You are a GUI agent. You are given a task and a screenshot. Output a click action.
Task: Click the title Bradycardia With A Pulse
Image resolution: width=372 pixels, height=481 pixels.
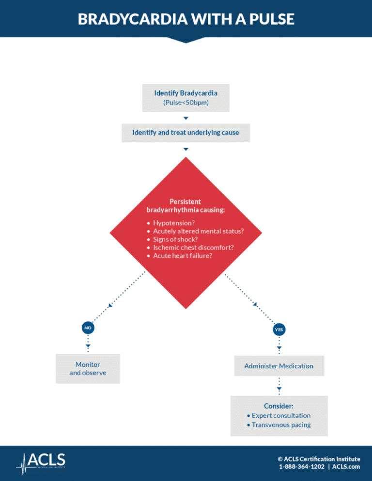pos(186,19)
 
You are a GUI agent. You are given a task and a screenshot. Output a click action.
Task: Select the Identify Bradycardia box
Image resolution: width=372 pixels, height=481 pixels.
pos(186,98)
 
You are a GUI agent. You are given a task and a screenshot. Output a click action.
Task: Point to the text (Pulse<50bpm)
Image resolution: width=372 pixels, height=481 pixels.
pos(186,103)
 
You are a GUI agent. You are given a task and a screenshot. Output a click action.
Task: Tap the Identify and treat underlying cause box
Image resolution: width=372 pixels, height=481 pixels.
pos(186,132)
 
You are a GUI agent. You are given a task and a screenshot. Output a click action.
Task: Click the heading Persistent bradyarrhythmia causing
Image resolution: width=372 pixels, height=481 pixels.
pos(186,206)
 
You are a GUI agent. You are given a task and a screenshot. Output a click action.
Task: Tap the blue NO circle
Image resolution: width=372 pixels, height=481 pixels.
pos(88,328)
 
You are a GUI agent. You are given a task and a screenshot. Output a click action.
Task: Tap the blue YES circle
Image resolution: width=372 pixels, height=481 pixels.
pos(279,330)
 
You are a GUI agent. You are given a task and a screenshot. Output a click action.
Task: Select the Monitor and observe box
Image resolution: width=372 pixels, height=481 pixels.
pos(88,369)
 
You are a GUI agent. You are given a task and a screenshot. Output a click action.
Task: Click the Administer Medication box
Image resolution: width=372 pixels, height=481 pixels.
pos(279,366)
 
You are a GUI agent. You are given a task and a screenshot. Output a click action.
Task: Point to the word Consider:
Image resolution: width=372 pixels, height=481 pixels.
pos(279,406)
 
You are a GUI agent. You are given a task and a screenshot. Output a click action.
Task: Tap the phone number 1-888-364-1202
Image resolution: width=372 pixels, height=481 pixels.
pos(301,466)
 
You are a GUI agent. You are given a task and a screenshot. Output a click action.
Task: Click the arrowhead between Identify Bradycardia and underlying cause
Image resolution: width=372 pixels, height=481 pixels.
pos(186,118)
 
